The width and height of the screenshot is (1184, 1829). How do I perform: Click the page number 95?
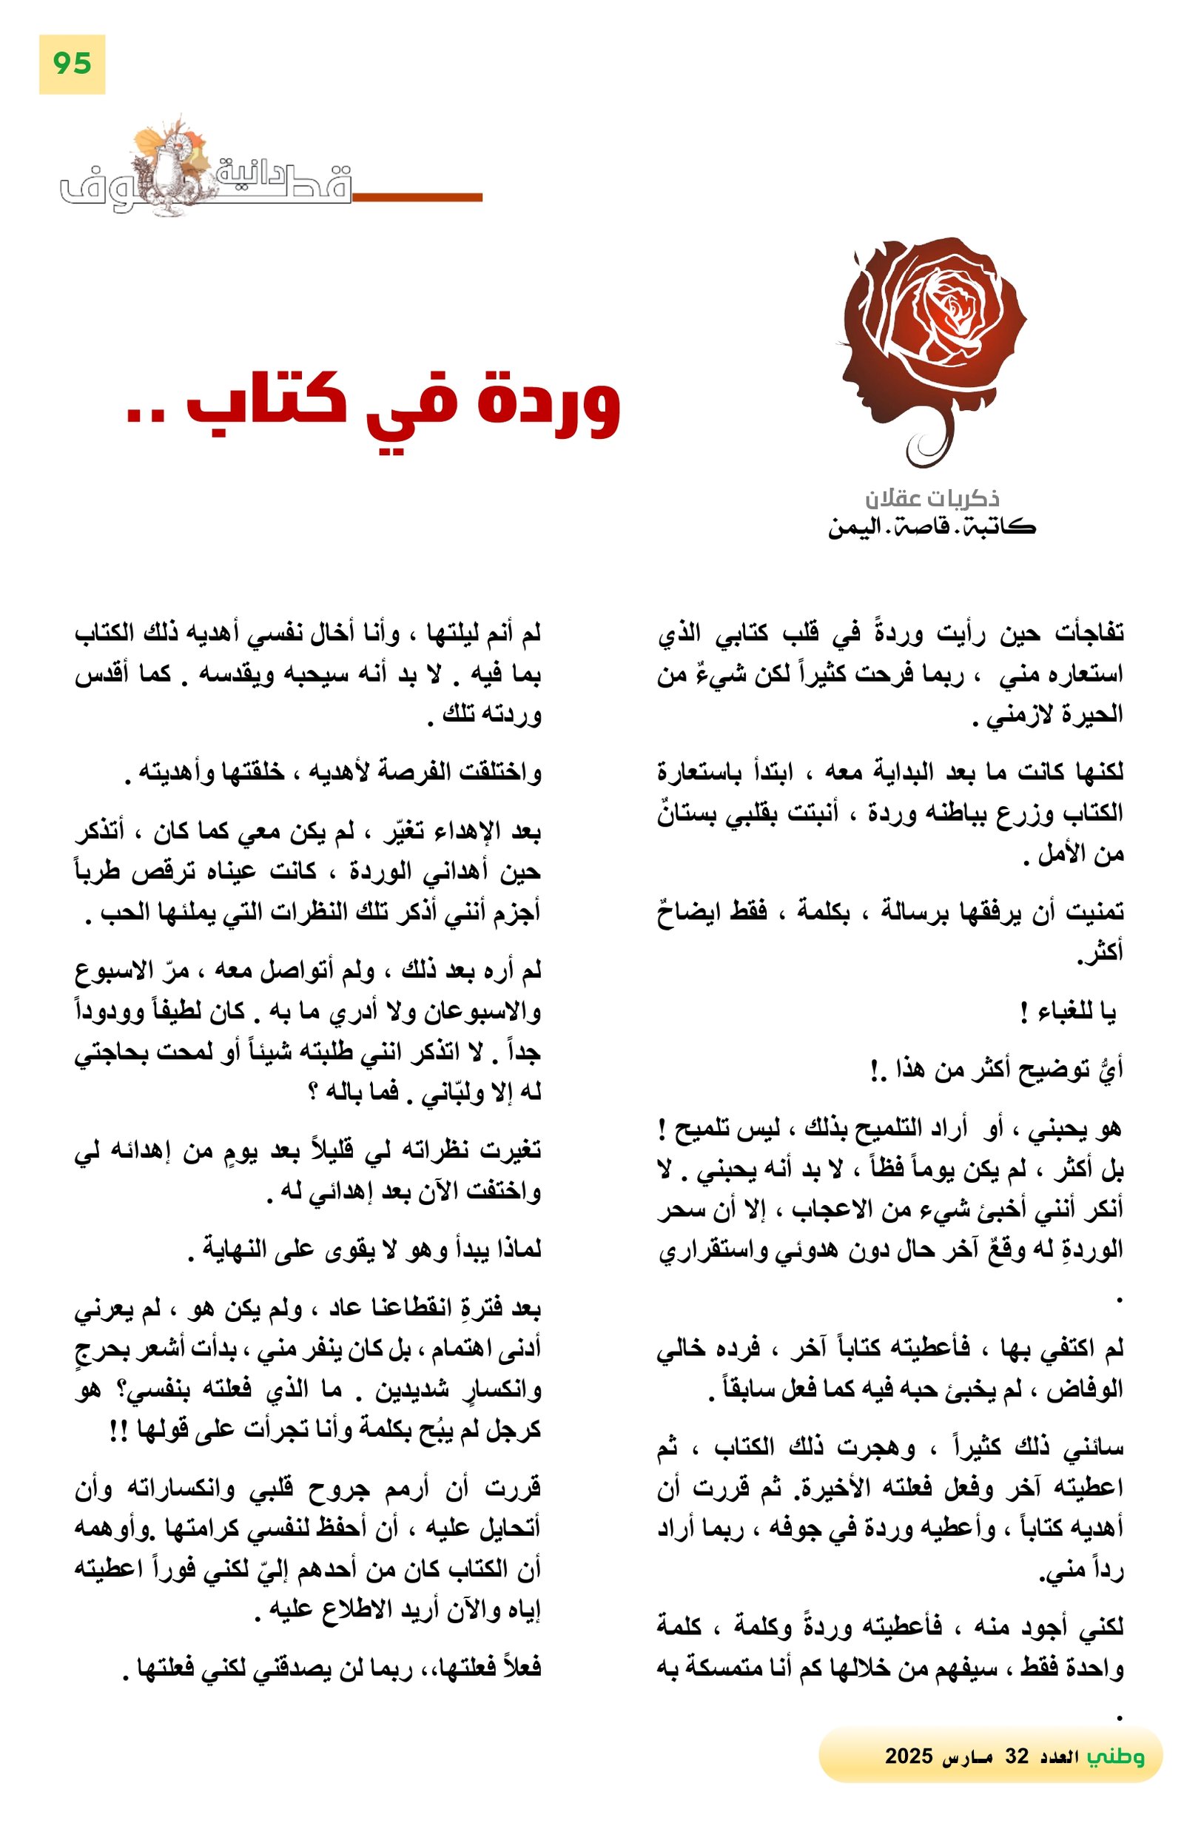73,63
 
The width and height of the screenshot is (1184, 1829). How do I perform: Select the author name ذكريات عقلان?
932,499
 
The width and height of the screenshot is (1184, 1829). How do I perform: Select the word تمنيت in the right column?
1091,912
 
